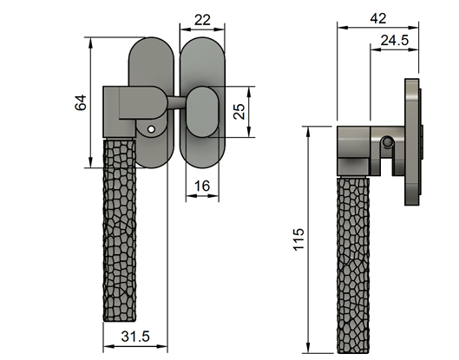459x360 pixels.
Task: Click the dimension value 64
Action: (x=81, y=101)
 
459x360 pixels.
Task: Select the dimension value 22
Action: (x=202, y=19)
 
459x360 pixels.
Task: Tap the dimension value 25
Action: (x=240, y=112)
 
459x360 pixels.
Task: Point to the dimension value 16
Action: (x=202, y=185)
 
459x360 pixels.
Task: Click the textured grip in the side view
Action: (x=352, y=260)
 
